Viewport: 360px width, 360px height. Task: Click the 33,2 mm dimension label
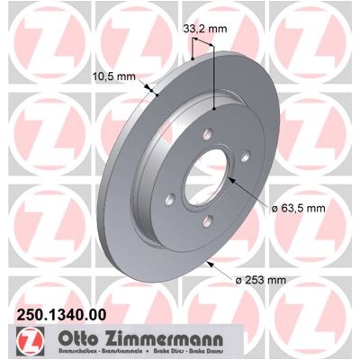point(205,29)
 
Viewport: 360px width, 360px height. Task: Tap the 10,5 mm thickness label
point(114,76)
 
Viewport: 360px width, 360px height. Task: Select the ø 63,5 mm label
point(299,208)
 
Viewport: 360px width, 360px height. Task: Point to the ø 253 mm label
point(260,280)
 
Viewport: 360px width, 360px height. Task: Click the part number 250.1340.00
point(61,315)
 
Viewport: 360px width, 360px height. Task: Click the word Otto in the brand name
point(76,339)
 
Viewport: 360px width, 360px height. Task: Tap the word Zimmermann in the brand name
point(160,339)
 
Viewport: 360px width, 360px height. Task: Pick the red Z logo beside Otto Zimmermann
point(31,340)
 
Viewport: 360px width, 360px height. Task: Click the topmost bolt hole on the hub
point(208,134)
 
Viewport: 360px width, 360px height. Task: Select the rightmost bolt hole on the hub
point(246,157)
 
